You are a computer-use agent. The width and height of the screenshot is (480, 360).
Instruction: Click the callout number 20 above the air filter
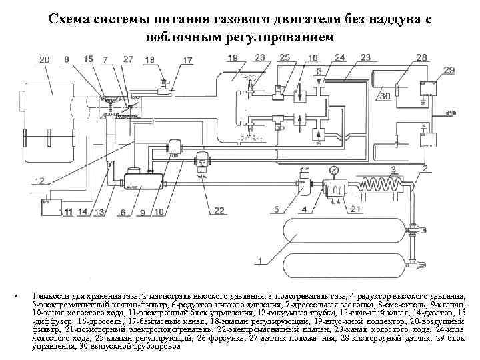point(44,61)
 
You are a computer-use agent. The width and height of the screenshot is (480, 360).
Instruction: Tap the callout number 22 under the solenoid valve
point(219,211)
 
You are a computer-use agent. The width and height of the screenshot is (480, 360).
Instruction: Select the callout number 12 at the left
point(40,181)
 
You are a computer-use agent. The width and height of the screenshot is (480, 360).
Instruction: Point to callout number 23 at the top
point(366,58)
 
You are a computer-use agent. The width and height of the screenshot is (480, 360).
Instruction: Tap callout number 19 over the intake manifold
point(232,59)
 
